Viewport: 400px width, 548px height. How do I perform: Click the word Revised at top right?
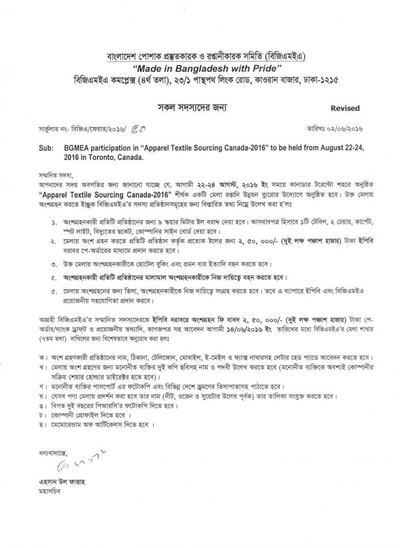coord(345,108)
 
